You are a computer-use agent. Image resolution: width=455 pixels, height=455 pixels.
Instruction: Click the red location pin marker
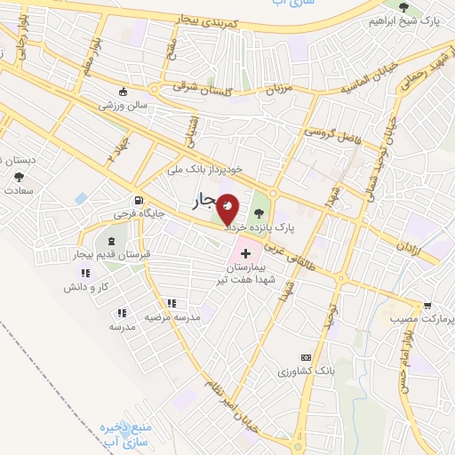pos(228,209)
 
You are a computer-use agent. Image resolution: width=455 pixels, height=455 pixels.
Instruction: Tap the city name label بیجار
pos(204,204)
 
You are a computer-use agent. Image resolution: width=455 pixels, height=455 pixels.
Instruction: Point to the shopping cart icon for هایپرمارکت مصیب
pos(427,305)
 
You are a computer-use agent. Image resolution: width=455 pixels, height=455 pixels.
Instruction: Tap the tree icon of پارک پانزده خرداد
pos(259,212)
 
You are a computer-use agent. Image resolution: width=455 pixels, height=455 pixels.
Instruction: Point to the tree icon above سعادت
pos(19,176)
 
